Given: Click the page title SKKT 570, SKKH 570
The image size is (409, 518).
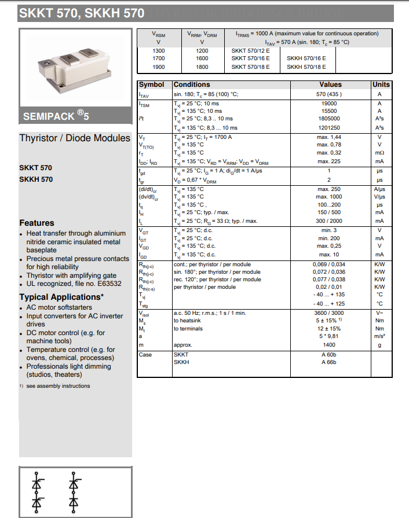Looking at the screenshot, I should pyautogui.click(x=82, y=12).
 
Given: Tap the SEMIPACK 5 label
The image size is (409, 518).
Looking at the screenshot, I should pyautogui.click(x=57, y=116).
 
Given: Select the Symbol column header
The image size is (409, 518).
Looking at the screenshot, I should pyautogui.click(x=151, y=85).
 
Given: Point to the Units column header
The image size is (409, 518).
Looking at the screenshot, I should pyautogui.click(x=381, y=85).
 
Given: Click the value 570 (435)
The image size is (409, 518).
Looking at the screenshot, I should pyautogui.click(x=329, y=94).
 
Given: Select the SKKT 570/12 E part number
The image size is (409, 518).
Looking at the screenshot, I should pyautogui.click(x=250, y=50).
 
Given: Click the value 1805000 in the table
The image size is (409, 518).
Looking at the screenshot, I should pyautogui.click(x=329, y=119).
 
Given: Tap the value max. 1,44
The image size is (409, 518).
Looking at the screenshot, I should pyautogui.click(x=329, y=137).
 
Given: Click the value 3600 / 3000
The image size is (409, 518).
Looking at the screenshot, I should pyautogui.click(x=329, y=313).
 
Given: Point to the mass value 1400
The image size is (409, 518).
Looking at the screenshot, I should pyautogui.click(x=329, y=345).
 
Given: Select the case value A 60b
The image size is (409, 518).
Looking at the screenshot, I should pyautogui.click(x=329, y=354).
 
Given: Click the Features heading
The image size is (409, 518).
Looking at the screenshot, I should pyautogui.click(x=36, y=223).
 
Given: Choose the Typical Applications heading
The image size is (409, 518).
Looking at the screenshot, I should pyautogui.click(x=61, y=297).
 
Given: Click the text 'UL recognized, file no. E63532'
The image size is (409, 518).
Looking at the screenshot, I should pyautogui.click(x=74, y=284).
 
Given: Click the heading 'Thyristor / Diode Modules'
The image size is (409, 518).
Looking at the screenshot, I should pyautogui.click(x=75, y=138).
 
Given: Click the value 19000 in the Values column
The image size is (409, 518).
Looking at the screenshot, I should pyautogui.click(x=329, y=103).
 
